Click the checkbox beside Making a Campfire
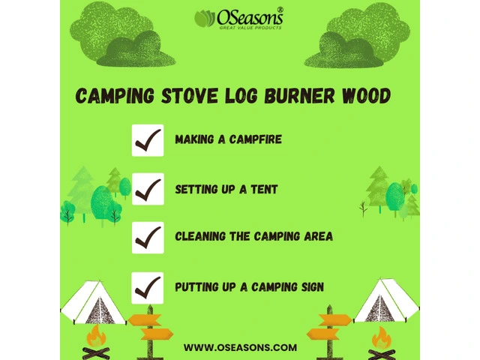click(148, 140)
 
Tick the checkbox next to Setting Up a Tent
click(148, 189)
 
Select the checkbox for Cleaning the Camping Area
click(148, 238)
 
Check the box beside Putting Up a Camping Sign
click(148, 288)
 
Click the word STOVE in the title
click(190, 95)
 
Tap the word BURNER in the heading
click(300, 95)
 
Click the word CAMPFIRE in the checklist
click(255, 139)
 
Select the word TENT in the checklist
click(264, 189)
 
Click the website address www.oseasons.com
click(240, 347)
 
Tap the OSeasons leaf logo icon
click(205, 18)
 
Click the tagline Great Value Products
click(250, 28)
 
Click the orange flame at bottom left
click(96, 336)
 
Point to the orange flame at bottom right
click(382, 337)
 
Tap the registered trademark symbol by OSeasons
click(280, 10)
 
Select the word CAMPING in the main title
click(115, 95)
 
